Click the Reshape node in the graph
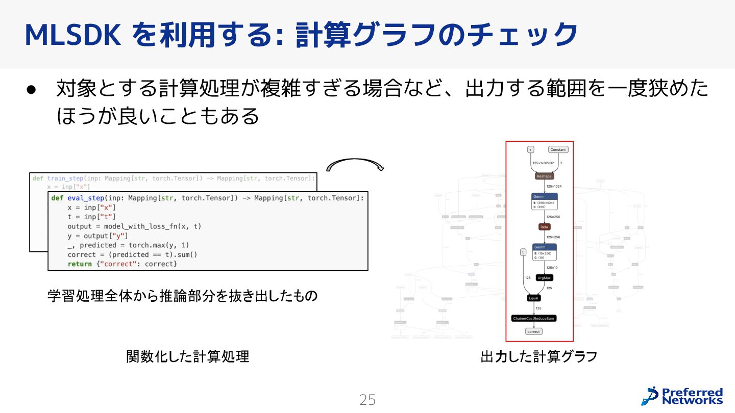[544, 176]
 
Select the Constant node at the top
[558, 149]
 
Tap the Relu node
[544, 227]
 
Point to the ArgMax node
[544, 278]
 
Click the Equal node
[533, 298]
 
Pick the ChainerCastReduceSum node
[533, 318]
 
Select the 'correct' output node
[533, 331]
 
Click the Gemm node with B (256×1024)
[544, 201]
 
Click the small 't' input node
[523, 252]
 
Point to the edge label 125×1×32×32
[543, 163]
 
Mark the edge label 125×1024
[554, 187]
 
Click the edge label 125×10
[552, 267]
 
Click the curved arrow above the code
[355, 164]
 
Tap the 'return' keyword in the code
[80, 264]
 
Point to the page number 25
[367, 400]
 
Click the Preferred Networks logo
[682, 396]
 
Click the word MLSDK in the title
[72, 35]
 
